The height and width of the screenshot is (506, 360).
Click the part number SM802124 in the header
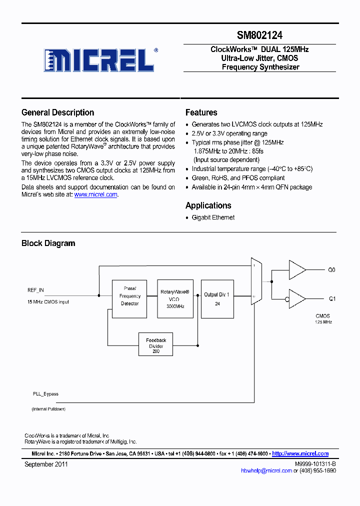[x=259, y=35]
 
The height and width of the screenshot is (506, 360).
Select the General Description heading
[x=57, y=112]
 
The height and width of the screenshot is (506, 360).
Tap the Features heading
[x=201, y=112]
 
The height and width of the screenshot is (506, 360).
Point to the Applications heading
[x=208, y=205]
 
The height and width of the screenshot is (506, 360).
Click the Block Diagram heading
[x=48, y=243]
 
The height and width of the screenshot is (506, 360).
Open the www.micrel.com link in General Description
[x=95, y=195]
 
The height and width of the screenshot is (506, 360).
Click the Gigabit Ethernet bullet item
[x=213, y=217]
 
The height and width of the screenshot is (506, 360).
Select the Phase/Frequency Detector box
[x=129, y=299]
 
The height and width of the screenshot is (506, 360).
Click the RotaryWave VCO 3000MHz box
[x=174, y=299]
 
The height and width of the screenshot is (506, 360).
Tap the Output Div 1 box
[x=217, y=299]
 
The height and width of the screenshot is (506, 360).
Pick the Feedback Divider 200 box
[x=156, y=344]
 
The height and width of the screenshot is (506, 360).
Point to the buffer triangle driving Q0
[x=297, y=270]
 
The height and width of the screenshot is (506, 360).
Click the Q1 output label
[x=331, y=299]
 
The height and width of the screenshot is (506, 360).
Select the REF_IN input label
[x=35, y=290]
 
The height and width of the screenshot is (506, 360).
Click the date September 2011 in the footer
[x=46, y=464]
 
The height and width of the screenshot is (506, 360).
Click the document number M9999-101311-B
[x=315, y=464]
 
